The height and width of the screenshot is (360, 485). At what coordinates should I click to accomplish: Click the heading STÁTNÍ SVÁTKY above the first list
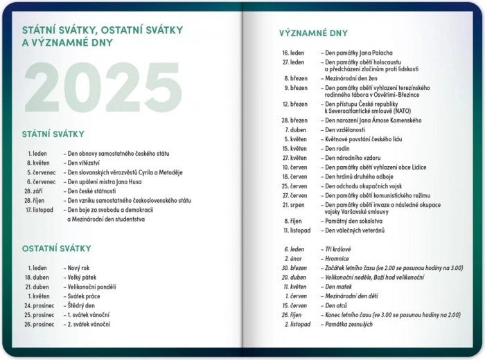53,134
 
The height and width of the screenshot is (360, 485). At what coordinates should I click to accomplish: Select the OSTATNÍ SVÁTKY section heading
56,249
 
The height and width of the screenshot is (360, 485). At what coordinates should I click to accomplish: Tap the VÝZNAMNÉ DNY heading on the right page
313,33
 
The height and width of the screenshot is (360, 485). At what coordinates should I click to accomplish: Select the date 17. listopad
39,210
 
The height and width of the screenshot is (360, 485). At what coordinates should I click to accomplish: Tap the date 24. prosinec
38,305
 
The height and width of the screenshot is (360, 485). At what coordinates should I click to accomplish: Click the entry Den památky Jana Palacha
358,53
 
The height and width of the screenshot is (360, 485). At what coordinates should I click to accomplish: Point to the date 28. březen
294,120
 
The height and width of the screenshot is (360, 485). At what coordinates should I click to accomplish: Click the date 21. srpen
294,205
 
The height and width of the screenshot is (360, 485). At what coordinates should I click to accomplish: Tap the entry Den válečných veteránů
355,230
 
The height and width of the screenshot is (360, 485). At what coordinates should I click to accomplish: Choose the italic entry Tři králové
338,249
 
